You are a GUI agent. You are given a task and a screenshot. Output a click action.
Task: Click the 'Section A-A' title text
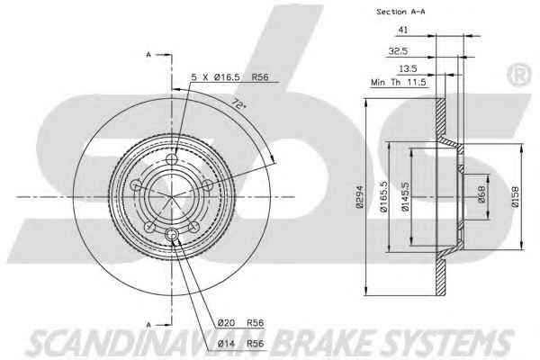click(400, 12)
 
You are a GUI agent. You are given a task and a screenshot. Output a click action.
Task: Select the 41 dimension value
click(403, 30)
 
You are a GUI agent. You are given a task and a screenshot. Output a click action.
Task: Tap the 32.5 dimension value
click(398, 51)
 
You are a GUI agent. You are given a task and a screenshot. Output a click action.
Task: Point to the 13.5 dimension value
click(408, 69)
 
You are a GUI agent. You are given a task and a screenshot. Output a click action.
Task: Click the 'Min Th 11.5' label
click(399, 82)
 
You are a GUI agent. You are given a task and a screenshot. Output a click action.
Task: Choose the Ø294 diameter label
click(360, 197)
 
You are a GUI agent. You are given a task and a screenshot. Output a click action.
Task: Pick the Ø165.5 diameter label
click(383, 196)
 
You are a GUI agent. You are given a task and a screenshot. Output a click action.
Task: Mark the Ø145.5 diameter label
click(405, 196)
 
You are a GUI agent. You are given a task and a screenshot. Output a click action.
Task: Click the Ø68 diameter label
click(481, 194)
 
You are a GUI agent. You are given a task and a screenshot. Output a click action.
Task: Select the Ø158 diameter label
click(515, 197)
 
